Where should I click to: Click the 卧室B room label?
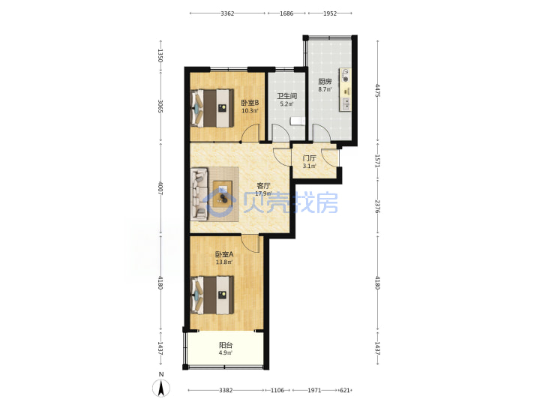pyautogui.click(x=250, y=103)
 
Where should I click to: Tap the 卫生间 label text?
pyautogui.click(x=286, y=96)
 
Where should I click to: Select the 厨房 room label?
pyautogui.click(x=325, y=82)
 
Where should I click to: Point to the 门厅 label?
pyautogui.click(x=309, y=158)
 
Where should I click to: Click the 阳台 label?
pyautogui.click(x=226, y=345)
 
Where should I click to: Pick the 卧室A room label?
pyautogui.click(x=224, y=254)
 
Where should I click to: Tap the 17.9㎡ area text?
pyautogui.click(x=263, y=193)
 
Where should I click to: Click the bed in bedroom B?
pyautogui.click(x=212, y=108)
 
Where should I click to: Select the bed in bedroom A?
pyautogui.click(x=212, y=295)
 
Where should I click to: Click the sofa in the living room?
pyautogui.click(x=199, y=193)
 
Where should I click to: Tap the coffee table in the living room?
pyautogui.click(x=223, y=194)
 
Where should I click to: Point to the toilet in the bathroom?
pyautogui.click(x=297, y=121)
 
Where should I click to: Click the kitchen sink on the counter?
pyautogui.click(x=345, y=103)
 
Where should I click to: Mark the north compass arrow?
pyautogui.click(x=160, y=388)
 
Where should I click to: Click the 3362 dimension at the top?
pyautogui.click(x=227, y=13)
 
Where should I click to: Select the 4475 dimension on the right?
pyautogui.click(x=378, y=91)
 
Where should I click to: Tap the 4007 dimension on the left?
pyautogui.click(x=160, y=188)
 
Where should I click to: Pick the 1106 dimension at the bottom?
pyautogui.click(x=277, y=390)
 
